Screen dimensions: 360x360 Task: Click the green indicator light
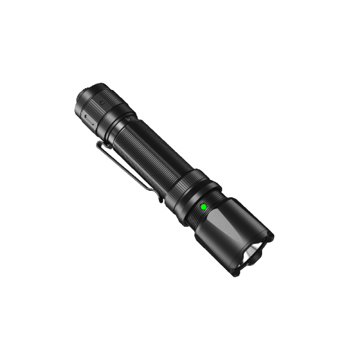pos(203,206)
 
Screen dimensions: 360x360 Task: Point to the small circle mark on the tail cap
pos(103,103)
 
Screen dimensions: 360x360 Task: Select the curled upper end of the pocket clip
pos(100,145)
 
